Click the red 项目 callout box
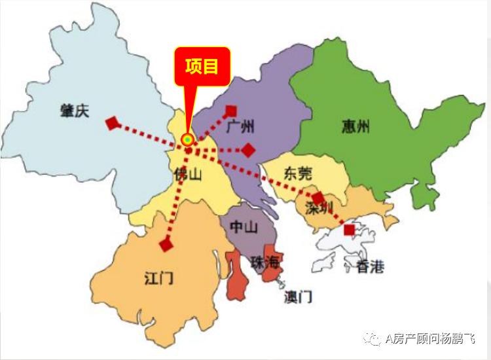click(202, 66)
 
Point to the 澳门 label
click(298, 297)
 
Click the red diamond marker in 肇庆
click(113, 122)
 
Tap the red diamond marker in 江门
click(166, 245)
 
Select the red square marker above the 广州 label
click(230, 111)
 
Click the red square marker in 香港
click(350, 230)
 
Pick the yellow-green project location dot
click(188, 139)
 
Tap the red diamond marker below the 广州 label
click(248, 151)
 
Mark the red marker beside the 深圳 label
click(318, 198)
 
